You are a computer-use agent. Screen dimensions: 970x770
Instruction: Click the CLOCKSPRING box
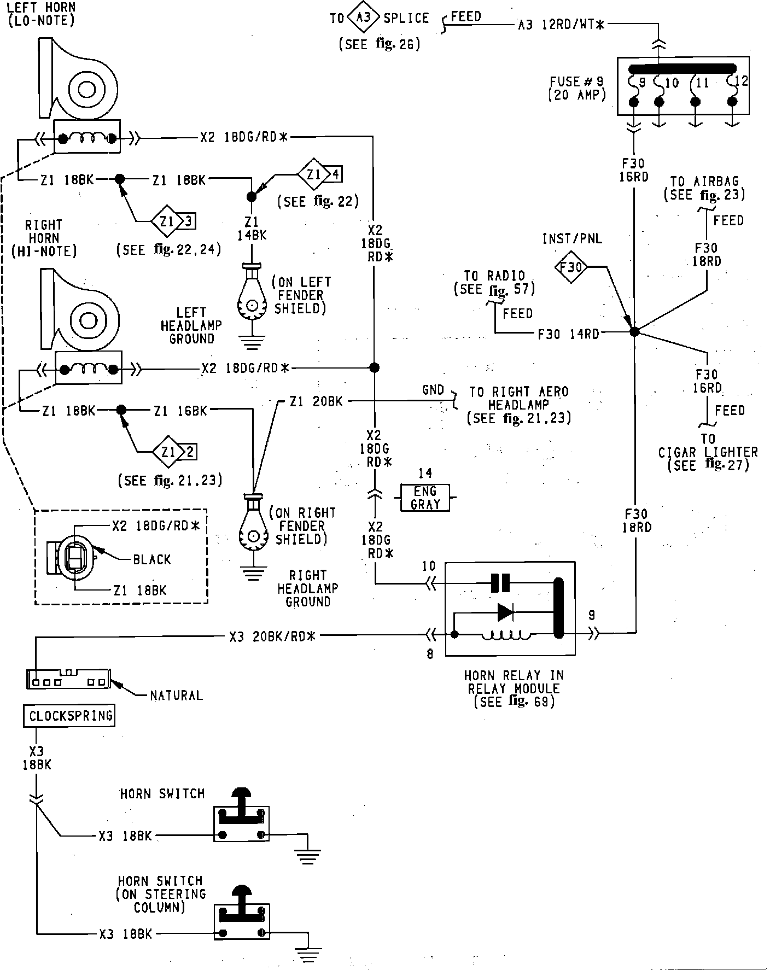coord(69,716)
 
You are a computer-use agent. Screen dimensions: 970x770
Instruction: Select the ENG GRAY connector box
coord(425,498)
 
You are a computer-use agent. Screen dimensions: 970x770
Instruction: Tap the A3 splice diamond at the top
coord(363,19)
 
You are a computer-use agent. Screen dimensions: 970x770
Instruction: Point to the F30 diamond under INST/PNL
coord(571,267)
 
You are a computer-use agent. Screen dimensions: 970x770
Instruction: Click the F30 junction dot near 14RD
coord(634,331)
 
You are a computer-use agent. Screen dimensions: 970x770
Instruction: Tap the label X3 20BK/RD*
coord(273,636)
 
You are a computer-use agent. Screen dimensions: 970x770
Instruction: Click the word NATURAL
coord(176,696)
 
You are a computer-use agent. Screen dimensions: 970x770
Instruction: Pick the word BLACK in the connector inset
coord(152,559)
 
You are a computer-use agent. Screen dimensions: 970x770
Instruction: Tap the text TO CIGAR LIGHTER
coord(708,446)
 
